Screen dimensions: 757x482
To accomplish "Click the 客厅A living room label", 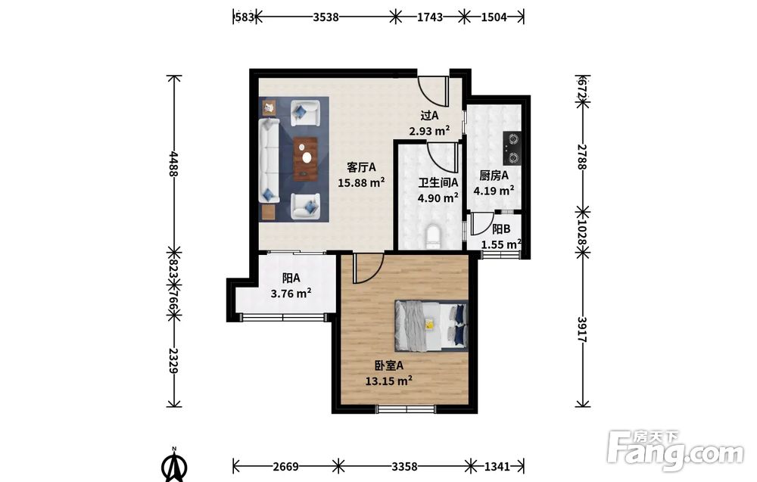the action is (x=361, y=167).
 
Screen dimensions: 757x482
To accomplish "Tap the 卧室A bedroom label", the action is (x=388, y=365).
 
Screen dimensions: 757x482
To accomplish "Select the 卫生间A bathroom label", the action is (x=438, y=182).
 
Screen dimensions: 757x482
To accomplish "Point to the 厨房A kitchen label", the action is (x=494, y=175).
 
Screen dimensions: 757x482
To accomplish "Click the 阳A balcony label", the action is (x=291, y=278).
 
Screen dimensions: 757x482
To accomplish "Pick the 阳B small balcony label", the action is (x=500, y=229).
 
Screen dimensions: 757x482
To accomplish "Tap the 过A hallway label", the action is (x=429, y=115).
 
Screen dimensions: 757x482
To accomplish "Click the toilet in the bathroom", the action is (x=433, y=237).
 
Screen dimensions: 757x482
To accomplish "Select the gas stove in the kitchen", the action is (x=512, y=148).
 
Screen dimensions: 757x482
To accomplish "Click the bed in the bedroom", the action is (x=431, y=325).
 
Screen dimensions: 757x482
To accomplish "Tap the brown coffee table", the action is (x=306, y=159).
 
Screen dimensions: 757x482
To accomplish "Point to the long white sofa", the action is (x=269, y=160).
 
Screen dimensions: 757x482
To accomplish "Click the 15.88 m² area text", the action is (x=361, y=182).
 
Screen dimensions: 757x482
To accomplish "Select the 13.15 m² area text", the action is (x=388, y=381).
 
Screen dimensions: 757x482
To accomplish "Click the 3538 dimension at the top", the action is (x=326, y=17).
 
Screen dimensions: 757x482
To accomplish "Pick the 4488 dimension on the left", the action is (x=174, y=163).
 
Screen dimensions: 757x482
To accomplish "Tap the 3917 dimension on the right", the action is (x=583, y=330).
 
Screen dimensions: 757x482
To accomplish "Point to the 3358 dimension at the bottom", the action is (x=404, y=466).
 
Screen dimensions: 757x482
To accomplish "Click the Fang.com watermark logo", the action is (x=675, y=451).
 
